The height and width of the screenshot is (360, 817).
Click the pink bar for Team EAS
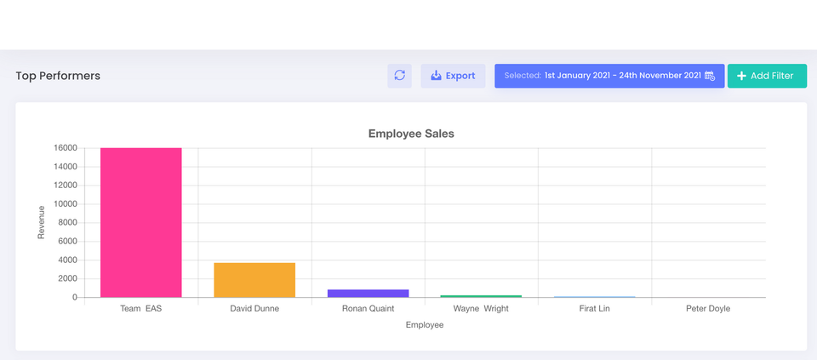(x=141, y=222)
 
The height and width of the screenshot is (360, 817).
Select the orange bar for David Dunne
(x=254, y=280)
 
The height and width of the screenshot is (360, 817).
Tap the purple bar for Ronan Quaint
(x=368, y=293)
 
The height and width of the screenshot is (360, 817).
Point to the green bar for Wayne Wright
(x=481, y=296)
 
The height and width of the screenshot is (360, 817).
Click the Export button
(x=453, y=76)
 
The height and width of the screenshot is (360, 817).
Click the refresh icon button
(x=399, y=76)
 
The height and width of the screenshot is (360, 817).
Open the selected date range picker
(x=608, y=76)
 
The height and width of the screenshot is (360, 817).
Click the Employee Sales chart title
(x=411, y=134)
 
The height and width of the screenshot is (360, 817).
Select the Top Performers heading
(x=58, y=76)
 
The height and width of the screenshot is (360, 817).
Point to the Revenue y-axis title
(x=41, y=222)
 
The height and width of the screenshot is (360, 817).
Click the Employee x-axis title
(x=425, y=325)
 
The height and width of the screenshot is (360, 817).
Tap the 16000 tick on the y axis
(x=66, y=148)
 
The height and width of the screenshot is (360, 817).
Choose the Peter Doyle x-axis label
(x=708, y=309)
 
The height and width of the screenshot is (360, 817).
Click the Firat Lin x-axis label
(x=594, y=309)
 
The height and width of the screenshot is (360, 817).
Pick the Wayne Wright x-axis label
(x=481, y=309)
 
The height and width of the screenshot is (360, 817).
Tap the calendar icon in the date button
(x=710, y=76)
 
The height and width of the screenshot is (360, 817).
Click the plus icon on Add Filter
(x=741, y=76)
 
